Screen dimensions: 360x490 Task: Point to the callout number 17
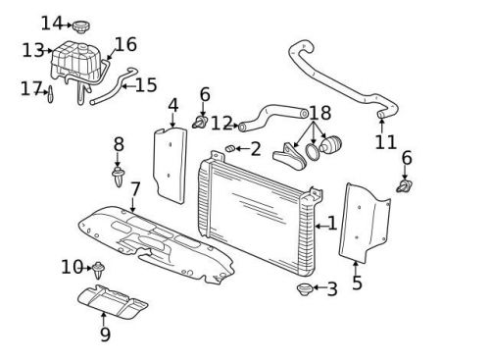pyautogui.click(x=29, y=89)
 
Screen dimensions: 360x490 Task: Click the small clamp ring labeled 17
pyautogui.click(x=50, y=95)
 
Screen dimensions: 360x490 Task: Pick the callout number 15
pyautogui.click(x=145, y=85)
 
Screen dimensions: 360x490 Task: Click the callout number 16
pyautogui.click(x=125, y=44)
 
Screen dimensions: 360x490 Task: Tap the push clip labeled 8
pyautogui.click(x=120, y=179)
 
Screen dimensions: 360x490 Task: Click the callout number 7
pyautogui.click(x=135, y=188)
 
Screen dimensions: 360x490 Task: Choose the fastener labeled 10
pyautogui.click(x=99, y=267)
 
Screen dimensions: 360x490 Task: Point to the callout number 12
pyautogui.click(x=221, y=124)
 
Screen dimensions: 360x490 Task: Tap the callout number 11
pyautogui.click(x=385, y=142)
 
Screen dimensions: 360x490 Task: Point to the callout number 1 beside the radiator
pyautogui.click(x=331, y=224)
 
